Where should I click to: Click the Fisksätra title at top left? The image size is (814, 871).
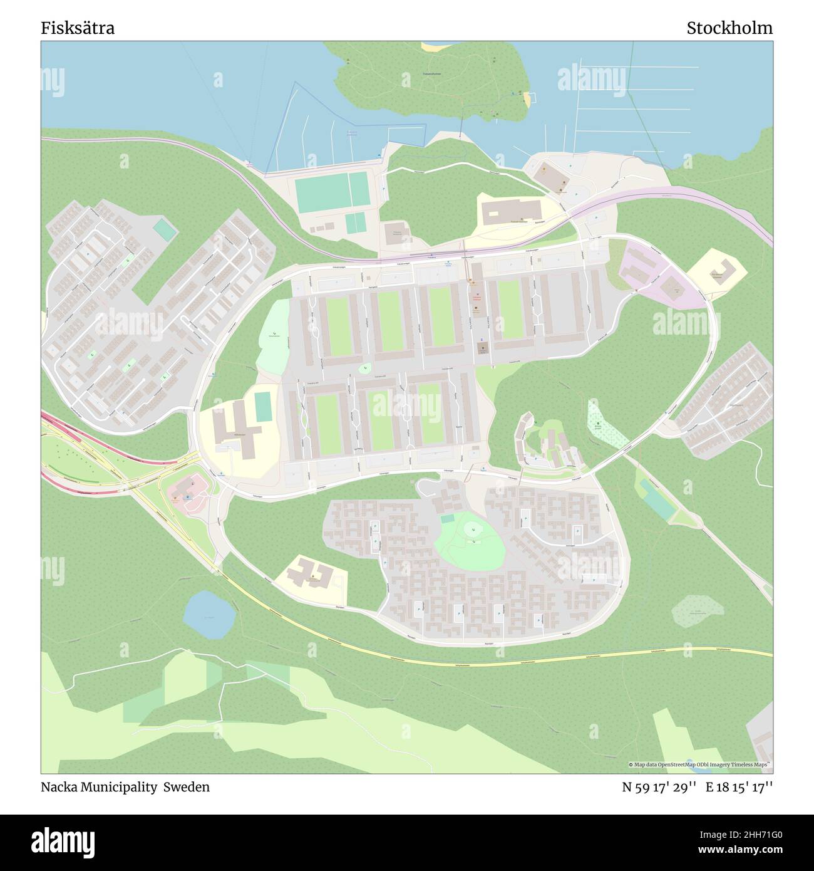(x=78, y=28)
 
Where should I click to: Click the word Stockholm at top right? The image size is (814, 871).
(x=729, y=28)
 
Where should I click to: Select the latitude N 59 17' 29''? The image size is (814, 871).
(x=659, y=787)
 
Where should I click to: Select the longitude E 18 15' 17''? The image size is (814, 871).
(x=739, y=787)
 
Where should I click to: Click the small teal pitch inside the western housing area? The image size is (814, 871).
(x=165, y=229)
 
